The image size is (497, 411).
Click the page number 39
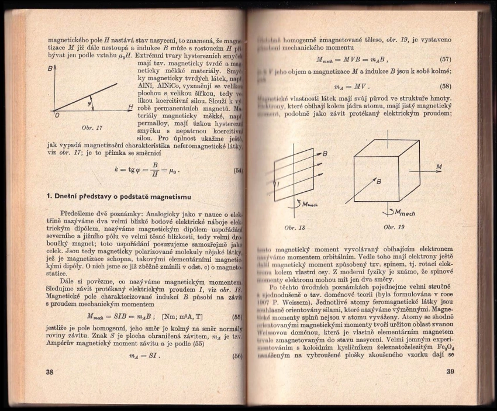click(450, 372)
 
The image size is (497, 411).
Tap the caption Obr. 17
click(92, 127)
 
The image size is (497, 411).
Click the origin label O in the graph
click(57, 116)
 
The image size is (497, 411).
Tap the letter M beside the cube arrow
click(439, 168)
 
